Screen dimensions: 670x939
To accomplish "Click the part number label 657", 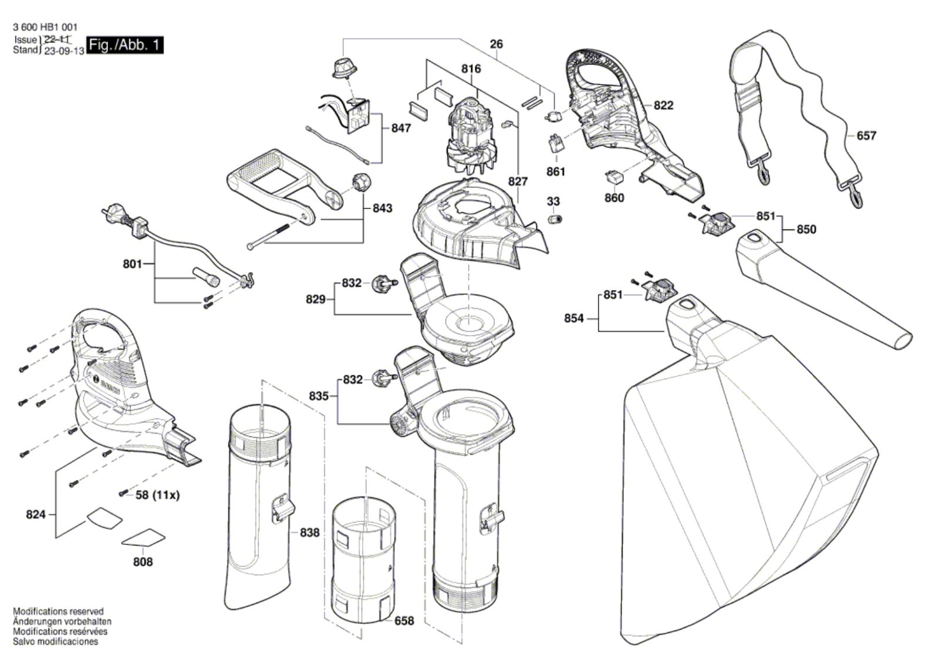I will click(866, 136).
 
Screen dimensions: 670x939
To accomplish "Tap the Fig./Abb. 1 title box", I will click(124, 45).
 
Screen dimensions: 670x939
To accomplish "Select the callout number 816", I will click(471, 69).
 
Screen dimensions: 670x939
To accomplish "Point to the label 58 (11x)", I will click(157, 495).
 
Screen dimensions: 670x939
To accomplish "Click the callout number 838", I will click(309, 533).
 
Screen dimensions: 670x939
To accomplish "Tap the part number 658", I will click(404, 621).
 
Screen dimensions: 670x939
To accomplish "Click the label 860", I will click(614, 198).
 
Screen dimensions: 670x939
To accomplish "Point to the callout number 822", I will click(663, 105).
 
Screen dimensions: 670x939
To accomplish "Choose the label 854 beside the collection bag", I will click(574, 318).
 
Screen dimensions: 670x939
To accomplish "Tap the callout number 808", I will click(143, 562).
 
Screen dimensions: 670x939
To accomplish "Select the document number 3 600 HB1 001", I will click(45, 27).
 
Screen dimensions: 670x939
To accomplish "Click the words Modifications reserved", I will click(58, 611).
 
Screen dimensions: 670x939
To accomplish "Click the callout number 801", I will click(132, 264).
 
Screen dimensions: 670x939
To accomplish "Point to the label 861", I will click(555, 171).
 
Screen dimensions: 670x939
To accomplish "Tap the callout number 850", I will click(806, 230).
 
